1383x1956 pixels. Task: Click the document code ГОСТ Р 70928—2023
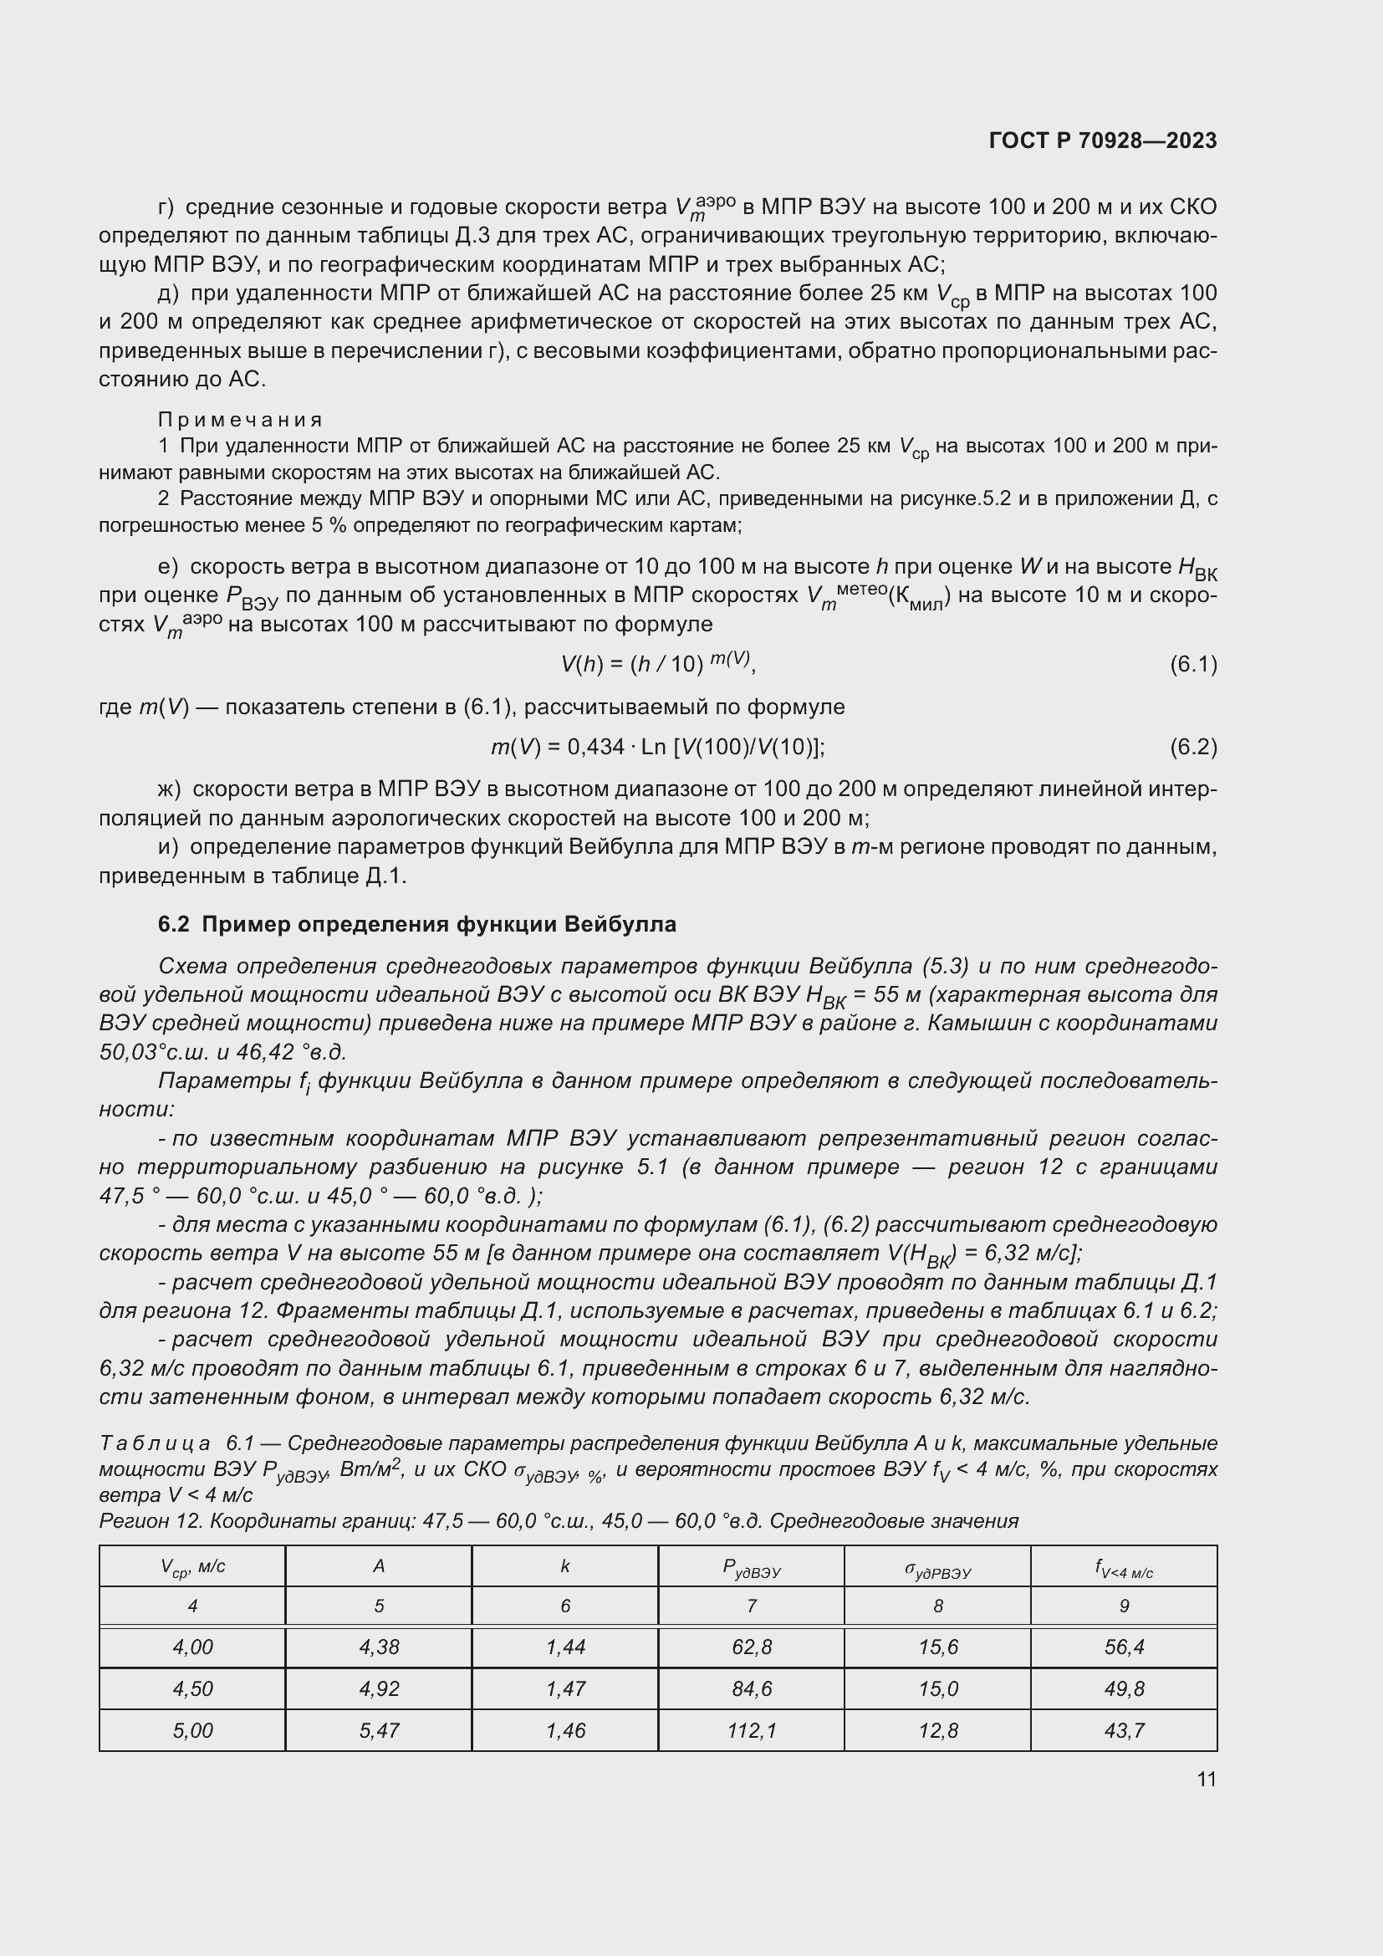1103,140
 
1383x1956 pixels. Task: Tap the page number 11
1206,1779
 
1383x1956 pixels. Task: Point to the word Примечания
241,419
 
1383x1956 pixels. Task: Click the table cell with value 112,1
751,1730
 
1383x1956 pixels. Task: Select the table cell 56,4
1123,1647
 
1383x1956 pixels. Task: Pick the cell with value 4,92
379,1688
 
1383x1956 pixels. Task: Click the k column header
564,1565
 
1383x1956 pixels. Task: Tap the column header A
379,1565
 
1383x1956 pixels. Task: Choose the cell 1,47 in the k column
564,1688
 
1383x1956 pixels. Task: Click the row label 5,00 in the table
192,1730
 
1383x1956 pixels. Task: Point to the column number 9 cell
1123,1606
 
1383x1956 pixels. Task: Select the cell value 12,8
937,1730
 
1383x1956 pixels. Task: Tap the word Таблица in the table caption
155,1443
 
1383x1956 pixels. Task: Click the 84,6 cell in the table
751,1688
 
